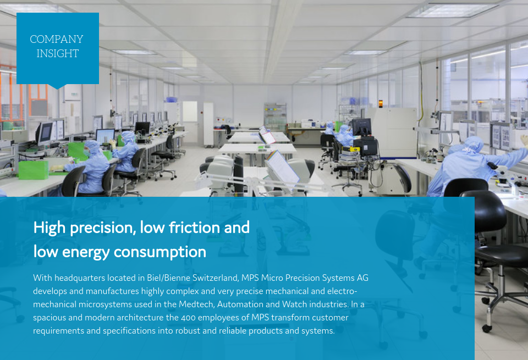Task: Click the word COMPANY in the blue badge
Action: coord(57,40)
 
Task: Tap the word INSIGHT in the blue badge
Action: coord(57,54)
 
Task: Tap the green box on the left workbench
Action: coord(33,169)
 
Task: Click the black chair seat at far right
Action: coord(503,256)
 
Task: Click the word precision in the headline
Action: coord(101,227)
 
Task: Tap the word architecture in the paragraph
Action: coord(128,318)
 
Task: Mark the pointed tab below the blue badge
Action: coord(57,86)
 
